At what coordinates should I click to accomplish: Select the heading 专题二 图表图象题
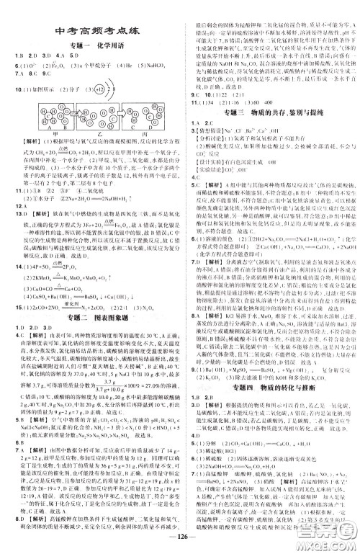[x=89, y=305]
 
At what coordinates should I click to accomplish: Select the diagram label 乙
[x=89, y=134]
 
